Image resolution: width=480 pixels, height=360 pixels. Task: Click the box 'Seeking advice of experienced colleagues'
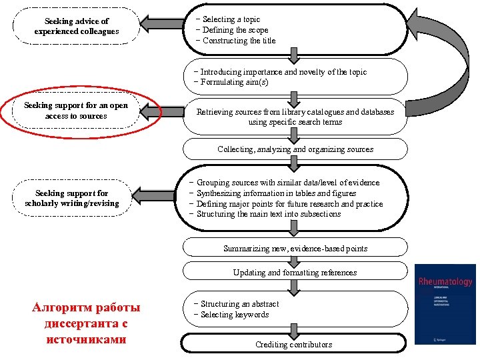click(x=77, y=27)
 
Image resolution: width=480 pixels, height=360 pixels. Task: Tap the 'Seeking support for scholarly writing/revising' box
click(x=72, y=199)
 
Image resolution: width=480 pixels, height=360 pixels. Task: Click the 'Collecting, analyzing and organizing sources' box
click(x=295, y=149)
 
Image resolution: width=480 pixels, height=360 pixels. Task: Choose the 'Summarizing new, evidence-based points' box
click(x=295, y=249)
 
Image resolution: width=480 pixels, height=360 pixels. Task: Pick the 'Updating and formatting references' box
click(x=295, y=272)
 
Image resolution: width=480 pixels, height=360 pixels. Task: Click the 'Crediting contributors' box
click(x=293, y=344)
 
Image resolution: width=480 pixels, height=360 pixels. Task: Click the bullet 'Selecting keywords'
click(x=234, y=315)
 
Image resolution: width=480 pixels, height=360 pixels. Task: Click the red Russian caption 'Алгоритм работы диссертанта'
click(x=86, y=323)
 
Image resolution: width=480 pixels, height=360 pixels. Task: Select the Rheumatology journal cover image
click(x=445, y=305)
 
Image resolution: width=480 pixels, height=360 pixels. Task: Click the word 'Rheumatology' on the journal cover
click(x=445, y=282)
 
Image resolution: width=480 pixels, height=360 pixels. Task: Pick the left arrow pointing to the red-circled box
click(x=163, y=111)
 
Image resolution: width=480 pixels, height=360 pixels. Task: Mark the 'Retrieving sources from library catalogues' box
click(x=295, y=117)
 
